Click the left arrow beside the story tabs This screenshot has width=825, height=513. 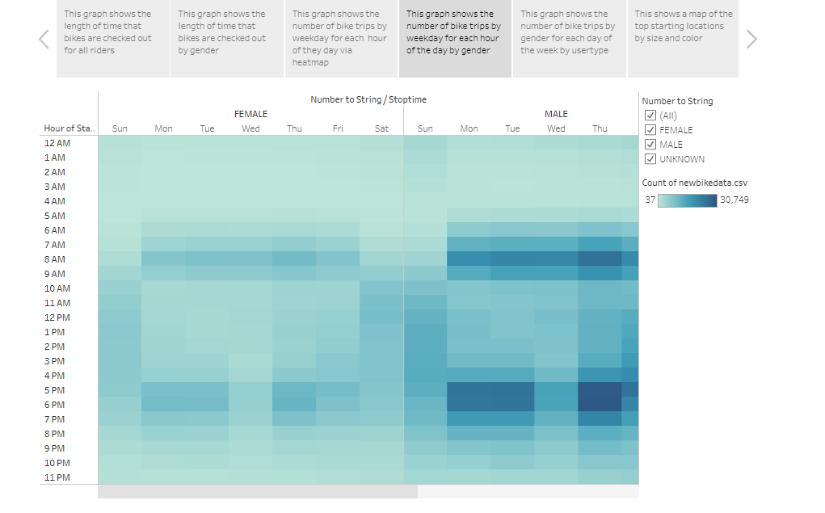tap(44, 39)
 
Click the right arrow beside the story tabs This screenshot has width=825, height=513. tap(751, 39)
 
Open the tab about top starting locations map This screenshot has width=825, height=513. tap(683, 39)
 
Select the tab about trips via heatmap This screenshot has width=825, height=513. tap(341, 39)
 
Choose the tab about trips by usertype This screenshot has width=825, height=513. tap(569, 39)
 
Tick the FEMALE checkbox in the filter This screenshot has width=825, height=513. tap(650, 130)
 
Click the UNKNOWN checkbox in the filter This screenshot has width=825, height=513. tap(650, 159)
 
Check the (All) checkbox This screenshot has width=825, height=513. tap(650, 116)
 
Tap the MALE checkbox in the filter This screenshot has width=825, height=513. tap(650, 145)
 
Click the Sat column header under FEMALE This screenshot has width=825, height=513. tap(382, 128)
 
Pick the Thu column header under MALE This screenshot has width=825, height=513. tap(600, 128)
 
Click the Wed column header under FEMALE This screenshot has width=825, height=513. tap(250, 128)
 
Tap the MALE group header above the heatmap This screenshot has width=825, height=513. tap(556, 114)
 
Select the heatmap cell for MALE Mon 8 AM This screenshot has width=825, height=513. tap(469, 259)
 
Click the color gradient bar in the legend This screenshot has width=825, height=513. tap(687, 200)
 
